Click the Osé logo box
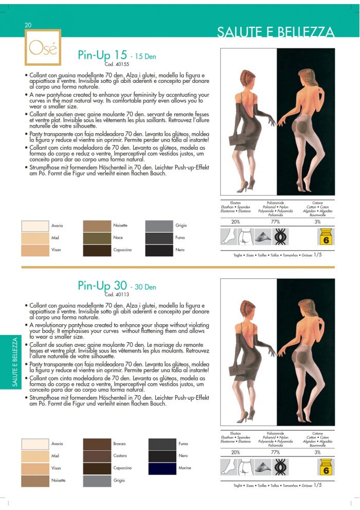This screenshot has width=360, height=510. pos(43,47)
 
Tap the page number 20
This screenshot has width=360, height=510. pos(28,25)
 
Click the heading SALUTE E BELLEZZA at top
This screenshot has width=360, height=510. pos(276,33)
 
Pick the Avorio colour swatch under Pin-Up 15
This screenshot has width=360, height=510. pos(35,226)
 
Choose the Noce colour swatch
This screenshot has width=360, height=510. pos(97,238)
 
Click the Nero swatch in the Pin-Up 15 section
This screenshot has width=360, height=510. pos(159,251)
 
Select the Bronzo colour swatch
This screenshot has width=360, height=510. pos(97,444)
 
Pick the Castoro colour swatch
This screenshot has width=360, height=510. pos(97,456)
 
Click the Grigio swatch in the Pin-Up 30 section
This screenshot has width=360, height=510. pos(97,481)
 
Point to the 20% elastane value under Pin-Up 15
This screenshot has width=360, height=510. pos(236,222)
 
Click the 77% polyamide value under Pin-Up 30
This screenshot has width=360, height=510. pos(275,452)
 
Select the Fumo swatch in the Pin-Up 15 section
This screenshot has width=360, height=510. pos(159,238)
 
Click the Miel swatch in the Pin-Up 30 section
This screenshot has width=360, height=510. pos(35,456)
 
